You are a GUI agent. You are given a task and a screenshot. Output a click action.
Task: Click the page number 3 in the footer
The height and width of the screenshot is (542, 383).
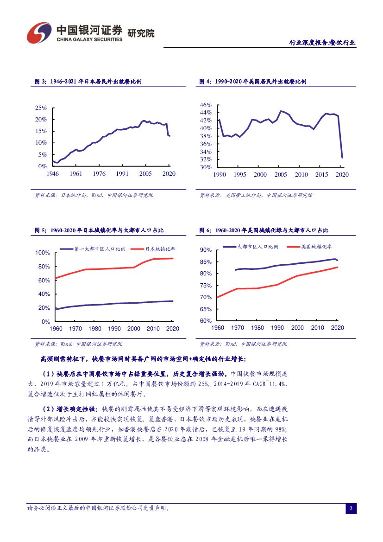pos(351,509)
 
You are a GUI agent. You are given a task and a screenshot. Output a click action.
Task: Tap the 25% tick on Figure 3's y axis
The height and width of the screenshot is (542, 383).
pos(41,108)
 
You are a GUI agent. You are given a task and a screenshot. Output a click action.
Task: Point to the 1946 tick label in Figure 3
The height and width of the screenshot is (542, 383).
pos(52,174)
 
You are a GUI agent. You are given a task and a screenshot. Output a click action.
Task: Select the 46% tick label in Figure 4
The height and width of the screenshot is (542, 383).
pos(206,105)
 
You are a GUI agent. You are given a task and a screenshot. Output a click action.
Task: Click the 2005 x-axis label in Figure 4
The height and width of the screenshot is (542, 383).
pos(281,175)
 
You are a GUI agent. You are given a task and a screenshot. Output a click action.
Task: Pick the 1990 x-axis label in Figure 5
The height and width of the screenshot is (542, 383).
pos(114,329)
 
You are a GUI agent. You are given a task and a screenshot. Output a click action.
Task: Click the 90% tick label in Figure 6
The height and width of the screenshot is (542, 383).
pos(206,250)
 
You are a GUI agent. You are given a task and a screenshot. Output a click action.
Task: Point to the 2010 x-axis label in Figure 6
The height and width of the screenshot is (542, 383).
pos(318,328)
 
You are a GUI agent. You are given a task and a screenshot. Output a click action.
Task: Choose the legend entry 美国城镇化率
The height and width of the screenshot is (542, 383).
pos(316,247)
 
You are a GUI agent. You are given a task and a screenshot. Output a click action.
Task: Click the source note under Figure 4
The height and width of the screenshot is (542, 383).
pos(256,195)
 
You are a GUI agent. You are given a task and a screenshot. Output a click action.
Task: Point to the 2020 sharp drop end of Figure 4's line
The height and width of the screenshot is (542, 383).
pos(342,158)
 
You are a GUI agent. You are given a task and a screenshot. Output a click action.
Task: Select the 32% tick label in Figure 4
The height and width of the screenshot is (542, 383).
pos(206,159)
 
